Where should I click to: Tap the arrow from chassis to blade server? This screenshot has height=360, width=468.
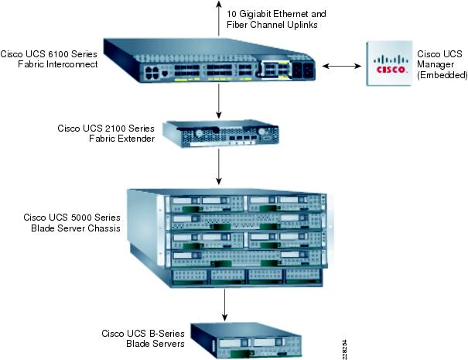click(224, 303)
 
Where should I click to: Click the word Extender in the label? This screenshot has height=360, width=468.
click(136, 138)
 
